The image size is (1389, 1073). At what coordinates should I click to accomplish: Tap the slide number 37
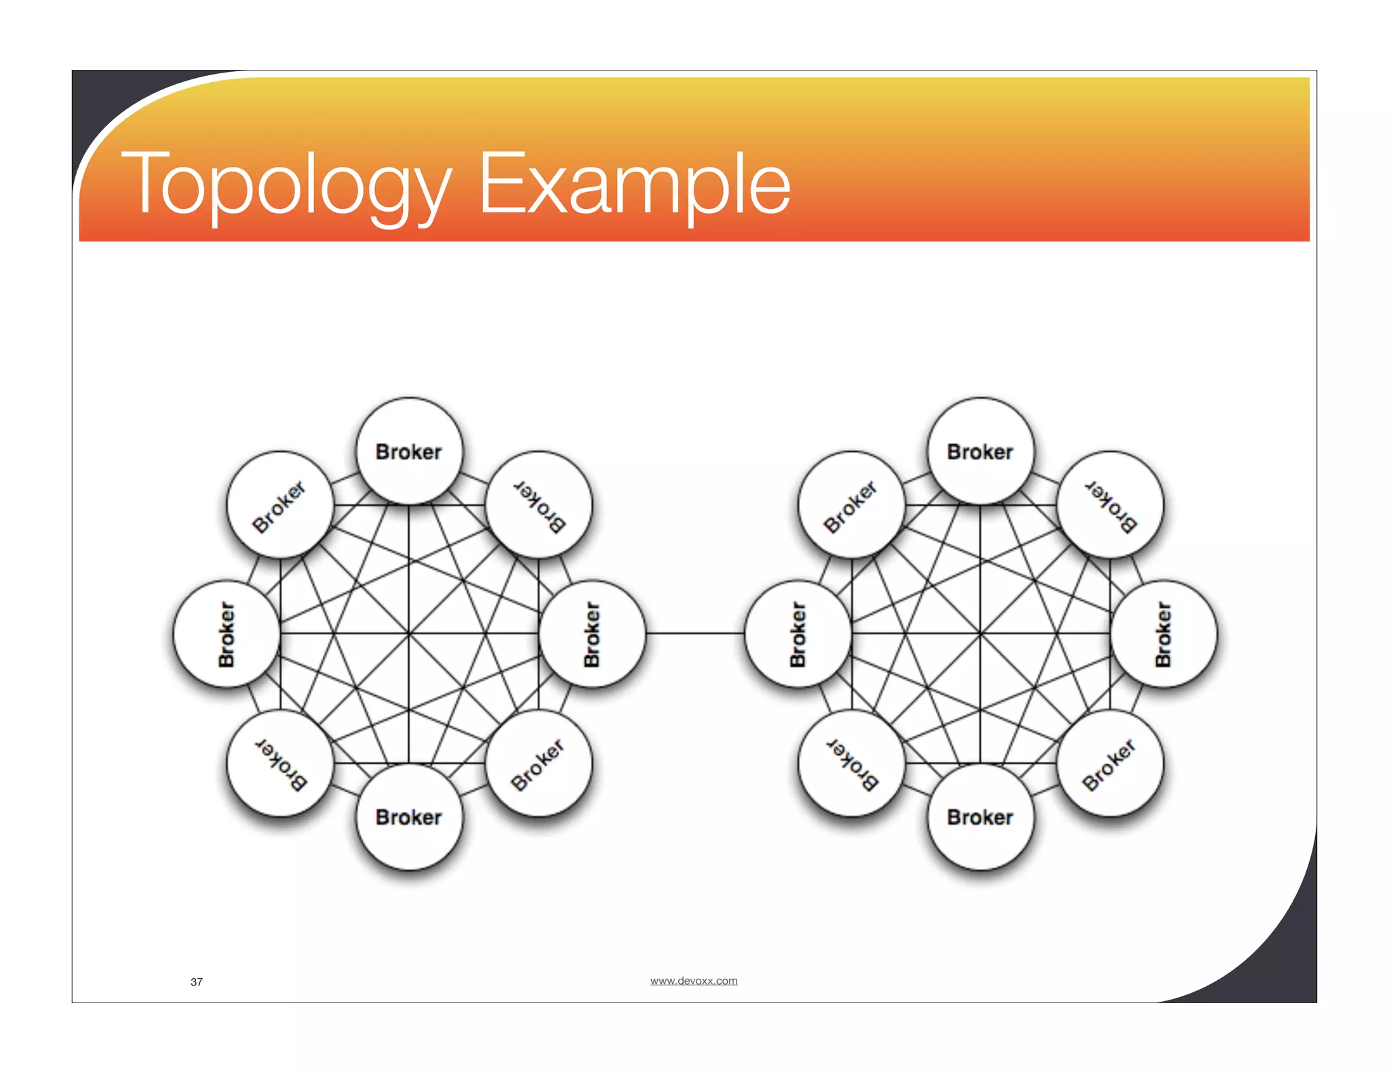tap(197, 981)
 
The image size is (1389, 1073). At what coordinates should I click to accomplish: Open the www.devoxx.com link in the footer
tap(693, 981)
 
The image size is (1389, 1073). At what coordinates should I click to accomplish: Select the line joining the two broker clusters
tap(695, 633)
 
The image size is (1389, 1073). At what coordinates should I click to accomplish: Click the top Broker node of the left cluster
tap(409, 452)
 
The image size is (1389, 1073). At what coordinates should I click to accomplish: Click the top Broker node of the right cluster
tap(981, 452)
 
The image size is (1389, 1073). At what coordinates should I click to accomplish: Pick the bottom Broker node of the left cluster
tap(409, 817)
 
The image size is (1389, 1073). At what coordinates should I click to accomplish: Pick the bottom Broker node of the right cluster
tap(981, 817)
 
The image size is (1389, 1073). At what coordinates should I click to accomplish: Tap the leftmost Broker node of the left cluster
tap(227, 634)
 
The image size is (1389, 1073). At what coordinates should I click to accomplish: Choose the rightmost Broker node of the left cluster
tap(592, 634)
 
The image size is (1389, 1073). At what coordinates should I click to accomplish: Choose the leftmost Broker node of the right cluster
tap(798, 634)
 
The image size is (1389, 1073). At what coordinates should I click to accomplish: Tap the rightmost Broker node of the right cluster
tap(1163, 634)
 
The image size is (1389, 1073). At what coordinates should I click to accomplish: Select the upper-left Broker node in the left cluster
tap(280, 505)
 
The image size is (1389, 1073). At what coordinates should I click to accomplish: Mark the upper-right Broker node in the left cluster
tap(539, 505)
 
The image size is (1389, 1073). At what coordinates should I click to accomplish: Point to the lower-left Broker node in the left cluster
tap(280, 763)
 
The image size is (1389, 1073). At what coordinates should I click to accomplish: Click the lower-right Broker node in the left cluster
tap(539, 763)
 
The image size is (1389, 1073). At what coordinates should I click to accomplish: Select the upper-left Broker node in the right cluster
tap(852, 505)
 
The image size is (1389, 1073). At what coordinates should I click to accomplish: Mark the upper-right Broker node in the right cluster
tap(1110, 505)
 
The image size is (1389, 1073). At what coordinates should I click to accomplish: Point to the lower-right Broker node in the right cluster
tap(1110, 763)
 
